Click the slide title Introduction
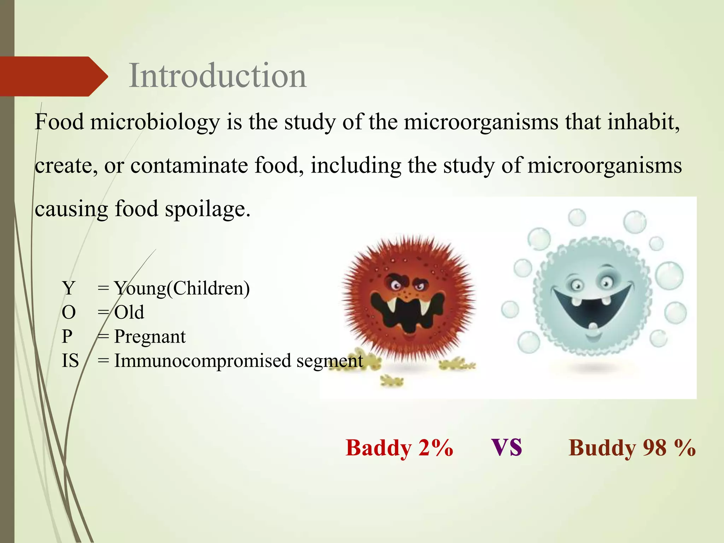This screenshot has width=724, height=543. tap(217, 76)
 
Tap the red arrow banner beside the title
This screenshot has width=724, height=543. tap(53, 76)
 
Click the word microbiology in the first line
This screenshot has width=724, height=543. tap(155, 122)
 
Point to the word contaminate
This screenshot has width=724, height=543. tap(189, 165)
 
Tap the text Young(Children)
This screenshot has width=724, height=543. tap(182, 288)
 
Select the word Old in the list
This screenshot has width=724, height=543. tap(129, 313)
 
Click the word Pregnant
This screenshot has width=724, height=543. tap(150, 337)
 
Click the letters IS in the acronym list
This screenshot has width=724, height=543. tap(70, 361)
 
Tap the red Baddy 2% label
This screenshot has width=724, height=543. tap(399, 448)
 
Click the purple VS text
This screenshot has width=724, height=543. tap(507, 447)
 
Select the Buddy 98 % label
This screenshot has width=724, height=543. tap(632, 448)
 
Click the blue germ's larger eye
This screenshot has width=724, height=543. tap(606, 282)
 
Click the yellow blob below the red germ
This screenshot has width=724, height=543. tap(391, 381)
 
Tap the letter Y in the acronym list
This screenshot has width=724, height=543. tap(68, 288)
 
